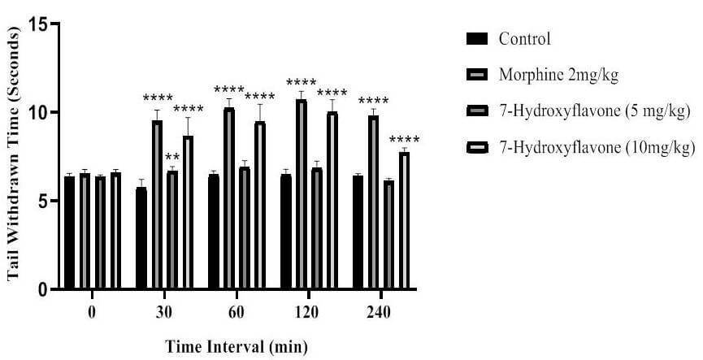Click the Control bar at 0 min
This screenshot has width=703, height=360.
[69, 232]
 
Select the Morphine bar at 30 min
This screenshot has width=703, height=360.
[157, 205]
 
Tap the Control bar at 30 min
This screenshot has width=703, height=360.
[141, 238]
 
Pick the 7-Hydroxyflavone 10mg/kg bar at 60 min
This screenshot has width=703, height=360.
[260, 206]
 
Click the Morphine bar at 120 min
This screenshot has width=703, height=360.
[302, 194]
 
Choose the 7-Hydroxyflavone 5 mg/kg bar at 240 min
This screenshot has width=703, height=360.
[389, 235]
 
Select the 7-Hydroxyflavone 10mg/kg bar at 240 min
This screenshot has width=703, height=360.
[405, 220]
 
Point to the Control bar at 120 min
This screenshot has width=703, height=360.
[286, 232]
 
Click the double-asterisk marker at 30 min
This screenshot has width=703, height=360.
[172, 158]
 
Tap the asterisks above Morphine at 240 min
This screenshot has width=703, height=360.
[374, 101]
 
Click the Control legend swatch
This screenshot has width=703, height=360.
[476, 39]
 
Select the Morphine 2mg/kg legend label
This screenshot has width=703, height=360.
[558, 76]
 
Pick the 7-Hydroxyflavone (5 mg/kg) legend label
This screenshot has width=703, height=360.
[594, 111]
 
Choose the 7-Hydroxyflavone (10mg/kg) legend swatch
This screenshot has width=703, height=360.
[476, 148]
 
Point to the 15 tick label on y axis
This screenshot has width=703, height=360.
[38, 24]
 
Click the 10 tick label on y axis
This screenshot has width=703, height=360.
[38, 112]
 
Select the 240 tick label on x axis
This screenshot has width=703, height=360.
[380, 312]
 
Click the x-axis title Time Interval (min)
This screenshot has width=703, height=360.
[237, 346]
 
